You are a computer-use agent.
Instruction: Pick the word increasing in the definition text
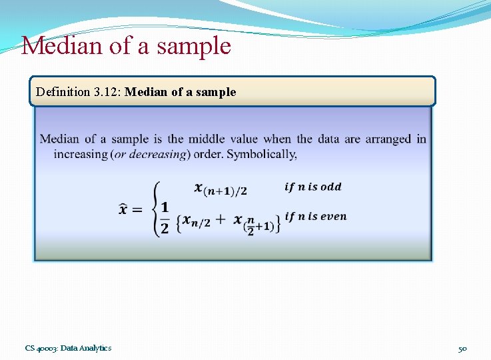(81, 154)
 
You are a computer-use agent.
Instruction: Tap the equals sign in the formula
(137, 210)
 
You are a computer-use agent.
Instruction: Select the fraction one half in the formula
(165, 217)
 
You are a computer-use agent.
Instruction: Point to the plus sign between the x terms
(221, 221)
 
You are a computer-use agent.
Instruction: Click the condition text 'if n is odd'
(312, 187)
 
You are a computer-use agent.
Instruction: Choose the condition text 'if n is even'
(315, 216)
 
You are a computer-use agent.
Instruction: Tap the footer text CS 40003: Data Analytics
(68, 348)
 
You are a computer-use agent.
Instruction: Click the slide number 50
(462, 349)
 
